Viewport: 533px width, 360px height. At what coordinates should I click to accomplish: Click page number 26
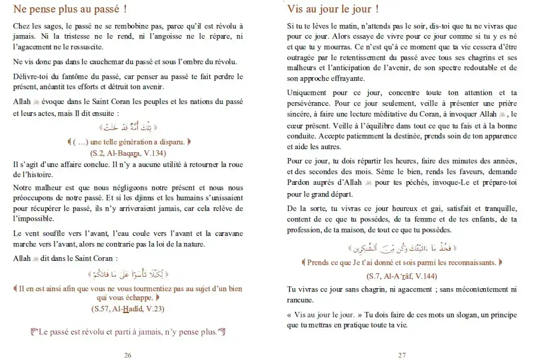(128, 355)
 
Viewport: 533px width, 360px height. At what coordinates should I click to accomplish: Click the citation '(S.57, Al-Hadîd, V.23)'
(128, 310)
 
